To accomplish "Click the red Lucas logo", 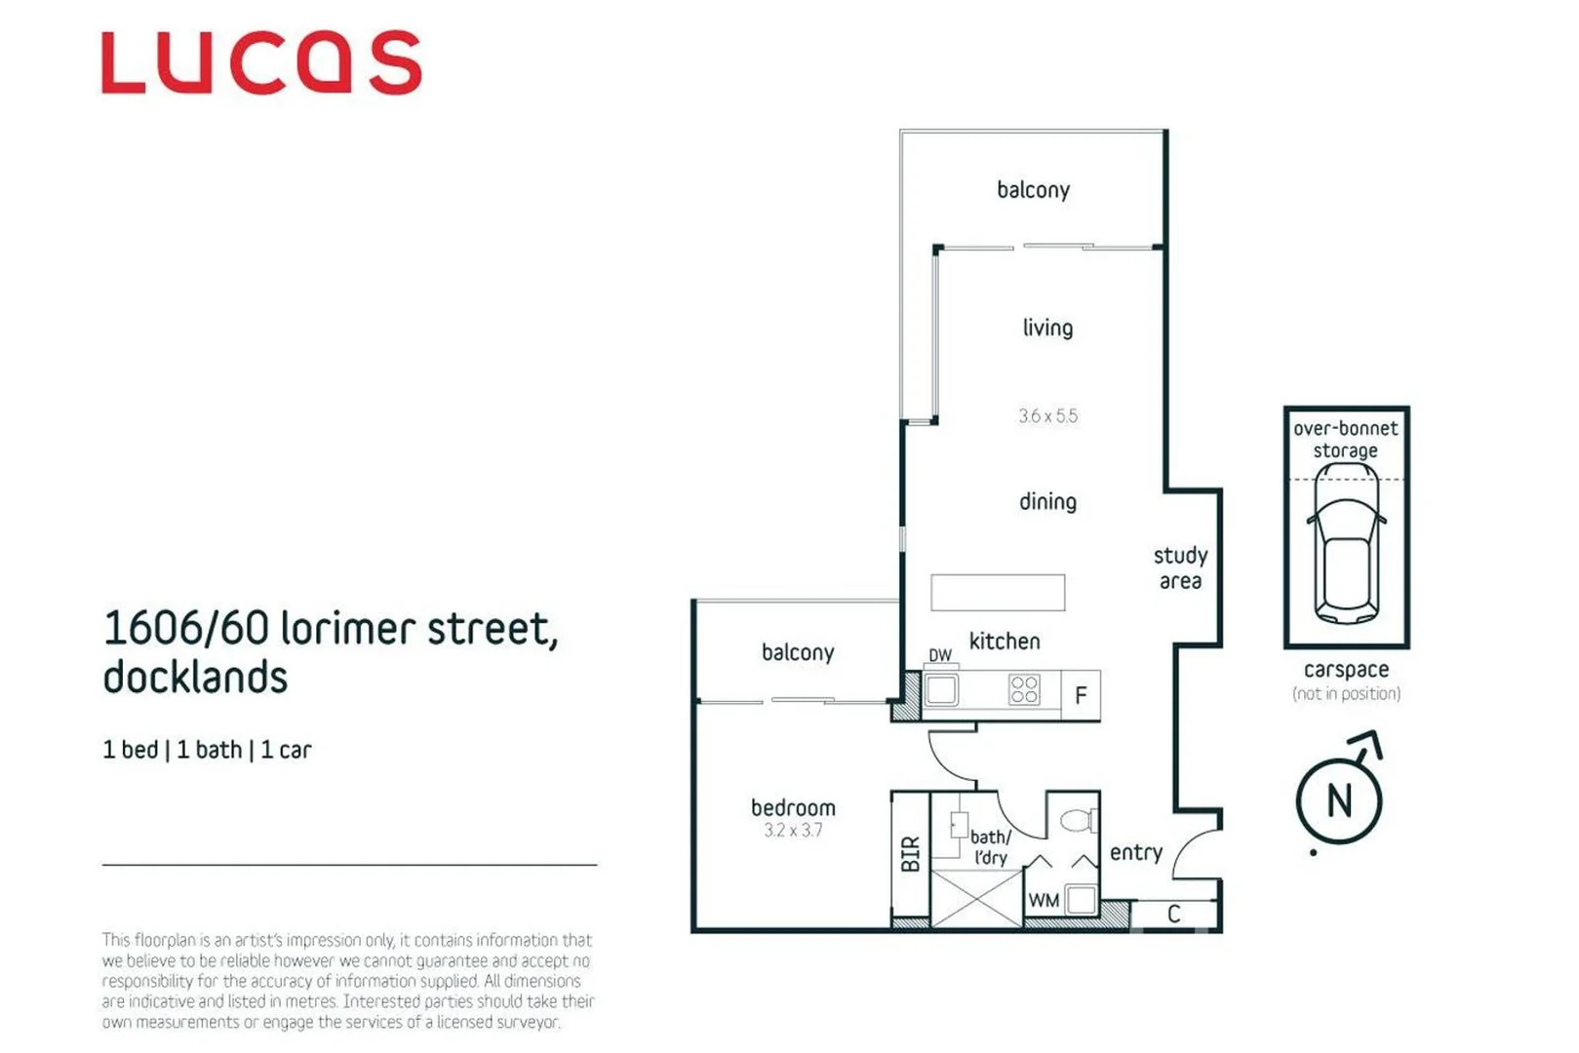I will (x=261, y=63).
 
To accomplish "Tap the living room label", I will (x=1047, y=329).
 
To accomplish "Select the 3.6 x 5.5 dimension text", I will (x=1047, y=416).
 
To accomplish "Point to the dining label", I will (x=1047, y=502).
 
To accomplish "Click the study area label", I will (x=1180, y=568).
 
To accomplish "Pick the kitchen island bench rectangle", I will (x=997, y=593).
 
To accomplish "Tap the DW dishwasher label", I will (x=940, y=656).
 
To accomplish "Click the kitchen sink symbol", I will (x=941, y=690).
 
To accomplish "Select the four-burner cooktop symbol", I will (x=1024, y=690).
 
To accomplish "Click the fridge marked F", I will (x=1081, y=696).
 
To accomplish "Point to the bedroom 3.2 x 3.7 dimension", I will (x=793, y=831).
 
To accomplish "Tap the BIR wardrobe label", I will (x=910, y=854).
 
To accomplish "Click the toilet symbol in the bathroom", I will (x=1077, y=820).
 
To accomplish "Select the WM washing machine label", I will (x=1044, y=901).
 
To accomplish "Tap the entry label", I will (x=1136, y=853).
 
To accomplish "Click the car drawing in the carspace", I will (x=1346, y=546).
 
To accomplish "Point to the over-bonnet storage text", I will (x=1346, y=440).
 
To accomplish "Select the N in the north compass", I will (x=1339, y=801).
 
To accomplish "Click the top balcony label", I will (x=1033, y=190).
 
